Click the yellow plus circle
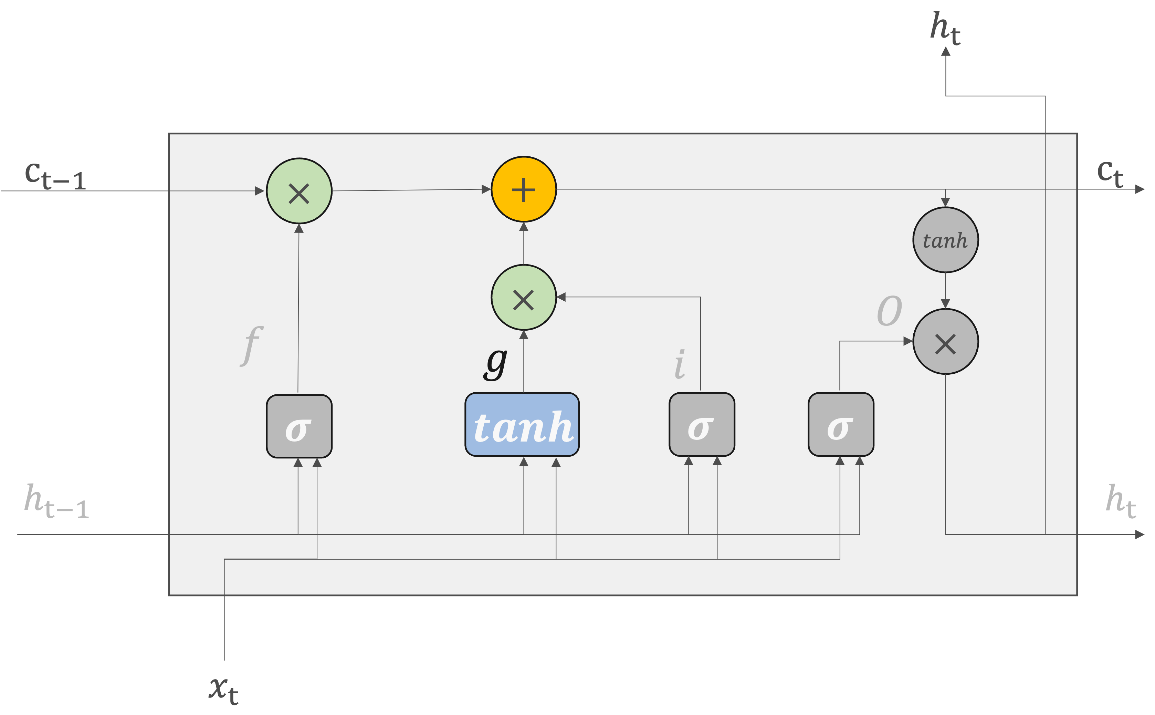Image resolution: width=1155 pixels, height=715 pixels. coord(524,189)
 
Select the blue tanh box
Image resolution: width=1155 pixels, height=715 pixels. coord(522,425)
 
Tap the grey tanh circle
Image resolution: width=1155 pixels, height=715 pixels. coord(945,240)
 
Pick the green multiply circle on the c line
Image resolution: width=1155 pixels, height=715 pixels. coord(299,191)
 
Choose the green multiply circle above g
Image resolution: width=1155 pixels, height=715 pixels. coord(524,298)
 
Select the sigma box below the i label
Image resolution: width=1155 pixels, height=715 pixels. coord(702,425)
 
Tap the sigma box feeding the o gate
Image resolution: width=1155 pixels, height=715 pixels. coord(841,425)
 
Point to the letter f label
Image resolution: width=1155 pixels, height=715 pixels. coord(251,345)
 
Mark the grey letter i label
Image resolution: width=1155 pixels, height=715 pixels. coord(680,364)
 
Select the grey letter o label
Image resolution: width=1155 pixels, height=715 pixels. coord(890,311)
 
